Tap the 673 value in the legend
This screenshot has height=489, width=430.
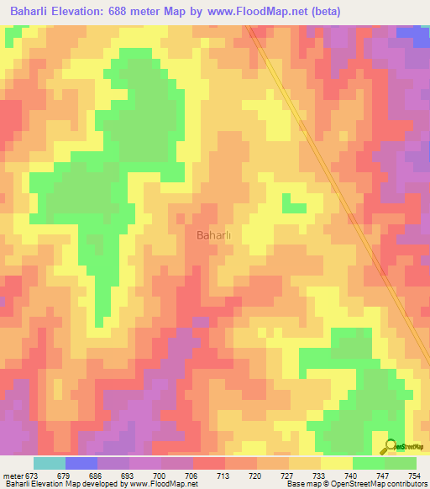click(31, 476)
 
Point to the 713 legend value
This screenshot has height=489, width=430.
click(223, 476)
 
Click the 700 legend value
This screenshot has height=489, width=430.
click(159, 476)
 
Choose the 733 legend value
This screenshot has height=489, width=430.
click(320, 476)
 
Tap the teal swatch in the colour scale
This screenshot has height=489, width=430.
click(49, 463)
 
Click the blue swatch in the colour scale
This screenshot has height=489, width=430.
click(81, 463)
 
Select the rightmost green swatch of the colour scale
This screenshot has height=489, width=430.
click(401, 463)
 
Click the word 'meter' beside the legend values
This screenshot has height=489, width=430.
click(12, 476)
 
